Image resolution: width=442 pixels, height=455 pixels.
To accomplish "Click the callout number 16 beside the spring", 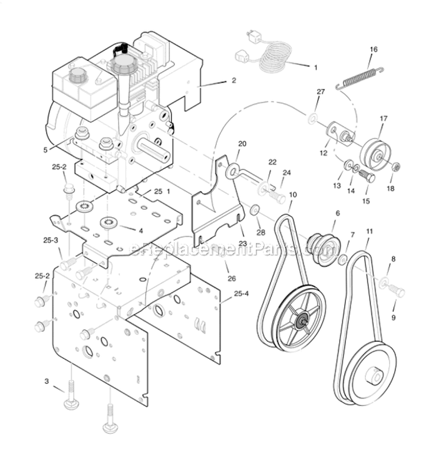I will [x=373, y=50].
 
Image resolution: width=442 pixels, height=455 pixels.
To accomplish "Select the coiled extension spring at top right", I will [x=360, y=79].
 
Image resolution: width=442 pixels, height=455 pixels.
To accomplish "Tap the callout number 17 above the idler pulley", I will [x=384, y=118].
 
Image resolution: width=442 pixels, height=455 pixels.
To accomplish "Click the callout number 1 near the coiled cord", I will [x=315, y=68].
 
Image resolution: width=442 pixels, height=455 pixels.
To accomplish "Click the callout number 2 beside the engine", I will [x=234, y=80].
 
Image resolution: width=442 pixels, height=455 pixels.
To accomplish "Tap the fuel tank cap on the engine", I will [x=78, y=76].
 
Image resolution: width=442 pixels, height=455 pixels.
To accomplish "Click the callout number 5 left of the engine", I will [x=45, y=150].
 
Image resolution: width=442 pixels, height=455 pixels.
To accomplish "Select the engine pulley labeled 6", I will [x=322, y=243].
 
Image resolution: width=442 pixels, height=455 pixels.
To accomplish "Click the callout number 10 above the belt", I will [x=293, y=194].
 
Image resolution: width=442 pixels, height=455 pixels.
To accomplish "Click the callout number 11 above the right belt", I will [x=370, y=232].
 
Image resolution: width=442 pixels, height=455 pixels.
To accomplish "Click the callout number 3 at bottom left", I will [x=47, y=381].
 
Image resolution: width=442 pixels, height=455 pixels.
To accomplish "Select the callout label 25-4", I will [x=241, y=294].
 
